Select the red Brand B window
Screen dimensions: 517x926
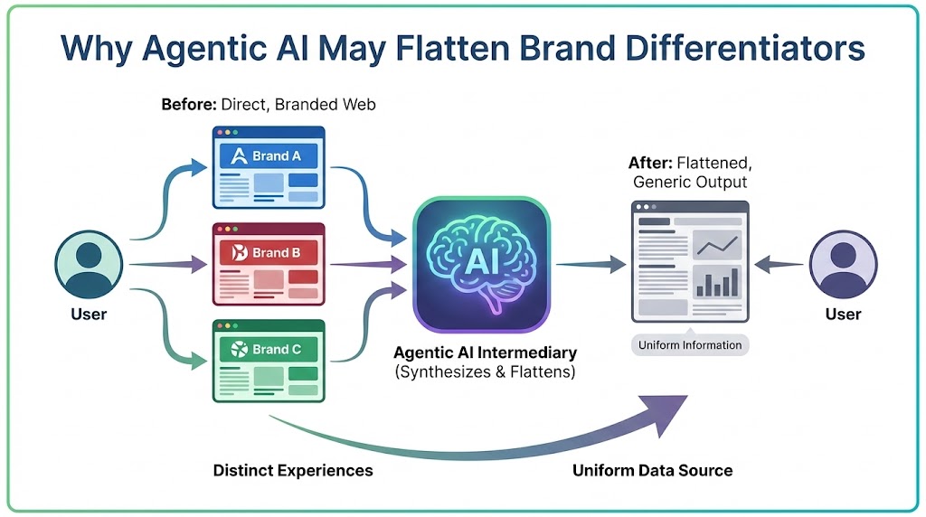click(x=269, y=265)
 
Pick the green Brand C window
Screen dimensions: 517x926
click(x=269, y=361)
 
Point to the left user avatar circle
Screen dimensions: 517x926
click(x=89, y=265)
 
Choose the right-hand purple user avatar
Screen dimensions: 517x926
click(x=843, y=265)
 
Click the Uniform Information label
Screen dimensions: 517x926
click(x=690, y=345)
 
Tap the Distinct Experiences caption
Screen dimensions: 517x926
click(x=293, y=470)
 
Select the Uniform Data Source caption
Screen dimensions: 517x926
click(x=652, y=470)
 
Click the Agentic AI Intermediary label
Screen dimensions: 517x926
click(x=485, y=352)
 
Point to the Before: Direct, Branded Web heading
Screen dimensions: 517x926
click(x=268, y=105)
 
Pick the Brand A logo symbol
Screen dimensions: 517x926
click(x=240, y=155)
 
